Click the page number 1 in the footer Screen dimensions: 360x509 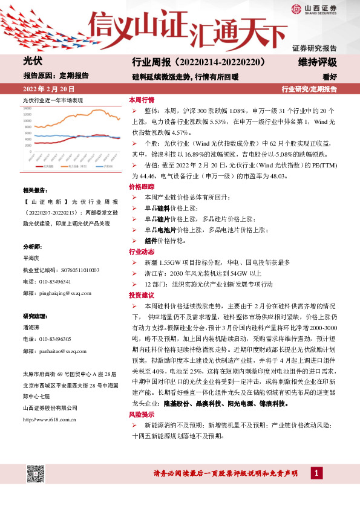pos(316,473)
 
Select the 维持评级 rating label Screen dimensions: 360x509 pos(317,62)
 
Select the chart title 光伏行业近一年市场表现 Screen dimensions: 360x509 pos(53,100)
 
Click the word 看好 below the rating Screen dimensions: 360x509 pos(329,76)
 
